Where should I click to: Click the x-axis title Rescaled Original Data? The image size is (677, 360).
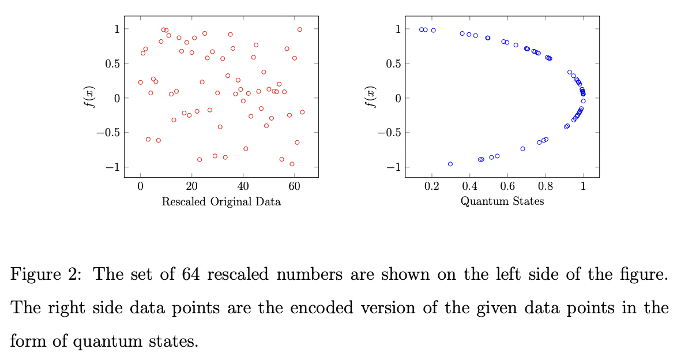pos(221,202)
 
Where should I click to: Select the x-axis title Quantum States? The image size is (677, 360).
pos(502,201)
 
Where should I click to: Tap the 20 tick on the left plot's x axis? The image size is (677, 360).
pos(191,187)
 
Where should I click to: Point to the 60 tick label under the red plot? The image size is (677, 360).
pos(294,187)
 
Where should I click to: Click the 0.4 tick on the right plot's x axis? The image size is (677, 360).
pos(469,187)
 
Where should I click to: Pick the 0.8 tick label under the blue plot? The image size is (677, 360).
pos(546,187)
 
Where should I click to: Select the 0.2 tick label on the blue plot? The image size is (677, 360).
pos(431,187)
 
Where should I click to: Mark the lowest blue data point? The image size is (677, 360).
pos(450,164)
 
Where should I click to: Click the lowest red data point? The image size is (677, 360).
pos(292,164)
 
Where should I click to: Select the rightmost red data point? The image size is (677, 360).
pos(302,112)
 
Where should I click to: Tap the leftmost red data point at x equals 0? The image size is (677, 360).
pos(140,82)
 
